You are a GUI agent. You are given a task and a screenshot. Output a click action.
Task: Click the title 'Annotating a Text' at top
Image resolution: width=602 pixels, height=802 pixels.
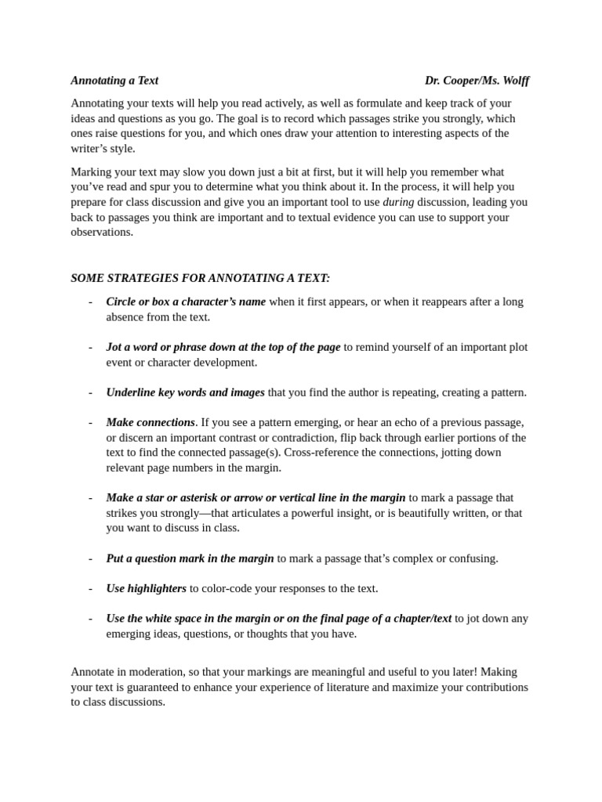pyautogui.click(x=114, y=80)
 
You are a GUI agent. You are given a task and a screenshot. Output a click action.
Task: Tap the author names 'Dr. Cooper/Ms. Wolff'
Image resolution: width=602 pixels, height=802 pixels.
pyautogui.click(x=477, y=80)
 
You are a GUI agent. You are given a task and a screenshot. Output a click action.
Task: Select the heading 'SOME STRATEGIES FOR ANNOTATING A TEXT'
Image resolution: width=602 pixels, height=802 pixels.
pyautogui.click(x=201, y=278)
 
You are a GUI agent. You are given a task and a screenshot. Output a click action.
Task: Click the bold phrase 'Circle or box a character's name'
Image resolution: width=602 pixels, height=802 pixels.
pyautogui.click(x=186, y=302)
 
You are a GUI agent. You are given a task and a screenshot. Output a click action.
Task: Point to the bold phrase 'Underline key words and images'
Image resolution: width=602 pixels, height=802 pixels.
pyautogui.click(x=186, y=392)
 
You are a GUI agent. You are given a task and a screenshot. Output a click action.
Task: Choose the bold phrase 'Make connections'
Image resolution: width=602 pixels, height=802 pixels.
pyautogui.click(x=150, y=422)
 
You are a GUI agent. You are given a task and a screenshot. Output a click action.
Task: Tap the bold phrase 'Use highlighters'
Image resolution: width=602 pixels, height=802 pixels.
pyautogui.click(x=147, y=588)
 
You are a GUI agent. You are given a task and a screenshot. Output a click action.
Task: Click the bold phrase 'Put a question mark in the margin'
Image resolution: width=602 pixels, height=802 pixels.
pyautogui.click(x=190, y=558)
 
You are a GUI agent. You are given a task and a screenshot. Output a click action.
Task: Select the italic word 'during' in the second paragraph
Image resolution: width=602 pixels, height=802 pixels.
pyautogui.click(x=398, y=202)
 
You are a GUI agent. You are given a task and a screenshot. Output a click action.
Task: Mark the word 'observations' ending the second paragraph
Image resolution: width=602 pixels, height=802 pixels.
pyautogui.click(x=101, y=232)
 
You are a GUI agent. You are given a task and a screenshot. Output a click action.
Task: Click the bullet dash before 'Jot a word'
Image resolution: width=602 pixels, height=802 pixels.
pyautogui.click(x=91, y=347)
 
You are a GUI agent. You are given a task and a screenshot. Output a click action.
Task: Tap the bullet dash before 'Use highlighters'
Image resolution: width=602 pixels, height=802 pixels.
pyautogui.click(x=91, y=588)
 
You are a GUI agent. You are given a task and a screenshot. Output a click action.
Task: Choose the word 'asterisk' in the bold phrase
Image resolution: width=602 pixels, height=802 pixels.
pyautogui.click(x=202, y=497)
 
